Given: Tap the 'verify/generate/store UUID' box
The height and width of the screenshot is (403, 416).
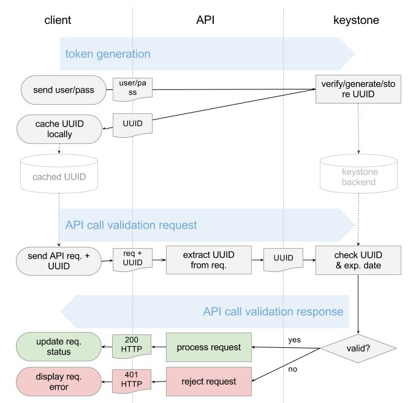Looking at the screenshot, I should [x=358, y=89].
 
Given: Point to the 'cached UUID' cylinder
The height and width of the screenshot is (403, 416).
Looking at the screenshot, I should [x=59, y=172].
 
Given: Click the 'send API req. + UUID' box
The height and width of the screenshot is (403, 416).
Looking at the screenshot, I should [x=59, y=260].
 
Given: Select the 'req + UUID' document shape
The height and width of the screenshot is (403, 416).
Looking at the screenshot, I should [x=132, y=260].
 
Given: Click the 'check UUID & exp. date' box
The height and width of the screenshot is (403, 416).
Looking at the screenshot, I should [x=358, y=260].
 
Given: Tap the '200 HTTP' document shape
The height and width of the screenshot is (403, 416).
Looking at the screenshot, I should [x=132, y=346].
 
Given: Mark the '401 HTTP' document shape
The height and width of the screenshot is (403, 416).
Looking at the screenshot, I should [x=132, y=381].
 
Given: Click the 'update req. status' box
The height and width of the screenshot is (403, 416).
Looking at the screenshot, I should [x=59, y=347].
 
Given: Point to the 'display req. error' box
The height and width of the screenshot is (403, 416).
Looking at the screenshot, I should [x=59, y=382].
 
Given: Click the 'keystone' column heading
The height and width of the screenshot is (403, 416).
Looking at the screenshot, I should [x=356, y=20].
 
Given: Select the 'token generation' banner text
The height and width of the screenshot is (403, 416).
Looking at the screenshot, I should [x=108, y=54].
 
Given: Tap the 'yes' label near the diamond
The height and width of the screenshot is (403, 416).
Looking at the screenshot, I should [x=295, y=338].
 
